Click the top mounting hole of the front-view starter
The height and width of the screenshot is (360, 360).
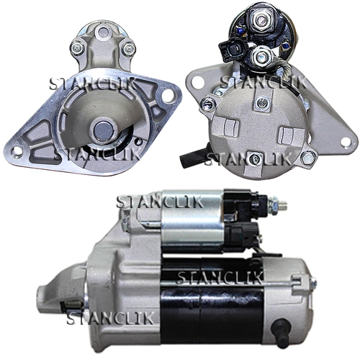(104, 32)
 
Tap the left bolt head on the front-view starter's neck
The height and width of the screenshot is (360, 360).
(77, 48)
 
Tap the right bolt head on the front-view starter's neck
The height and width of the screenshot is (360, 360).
(129, 49)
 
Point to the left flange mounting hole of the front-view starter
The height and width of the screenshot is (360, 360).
(16, 151)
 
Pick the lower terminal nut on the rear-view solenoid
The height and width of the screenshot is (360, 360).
(260, 57)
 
